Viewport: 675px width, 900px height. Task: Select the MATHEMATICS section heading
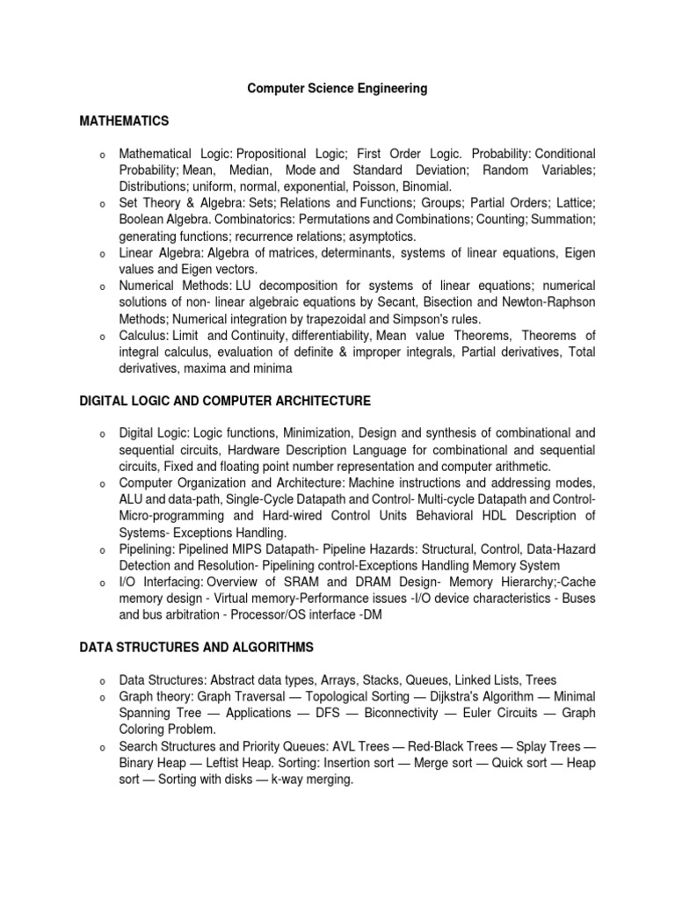coord(124,120)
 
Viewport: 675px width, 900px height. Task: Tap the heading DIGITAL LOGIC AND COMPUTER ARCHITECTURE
coord(225,401)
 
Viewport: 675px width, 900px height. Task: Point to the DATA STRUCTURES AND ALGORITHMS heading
coord(196,648)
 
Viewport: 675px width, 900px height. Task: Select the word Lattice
coord(572,203)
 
